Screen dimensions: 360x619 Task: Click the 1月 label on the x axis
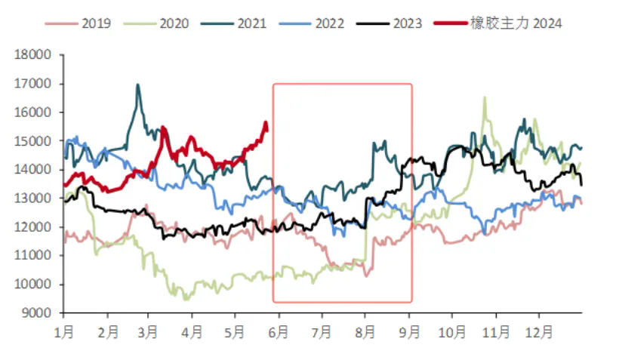[x=63, y=331]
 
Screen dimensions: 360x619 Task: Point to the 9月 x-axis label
[x=409, y=331]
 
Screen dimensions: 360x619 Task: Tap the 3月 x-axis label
[x=149, y=331]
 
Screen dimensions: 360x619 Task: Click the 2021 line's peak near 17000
[x=137, y=85]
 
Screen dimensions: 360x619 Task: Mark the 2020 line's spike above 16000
[x=484, y=97]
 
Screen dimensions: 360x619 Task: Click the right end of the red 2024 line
[x=266, y=125]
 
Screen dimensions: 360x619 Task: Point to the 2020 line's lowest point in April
[x=185, y=300]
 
